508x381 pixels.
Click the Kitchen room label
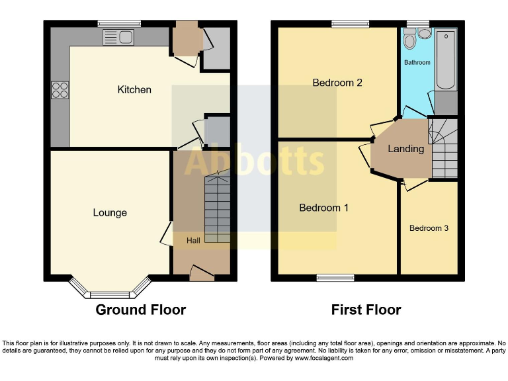(x=134, y=89)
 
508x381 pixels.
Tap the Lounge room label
(x=110, y=212)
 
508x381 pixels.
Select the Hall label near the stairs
(x=193, y=240)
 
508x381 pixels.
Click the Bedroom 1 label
(x=324, y=208)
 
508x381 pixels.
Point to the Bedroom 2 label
(x=337, y=83)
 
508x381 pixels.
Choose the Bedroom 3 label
(x=429, y=228)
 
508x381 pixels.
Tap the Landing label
(x=405, y=149)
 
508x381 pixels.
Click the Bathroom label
(x=417, y=63)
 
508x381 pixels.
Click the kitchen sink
(x=119, y=37)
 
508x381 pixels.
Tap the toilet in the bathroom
(x=410, y=41)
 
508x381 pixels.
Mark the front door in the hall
(x=201, y=272)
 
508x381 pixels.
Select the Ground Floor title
(x=141, y=310)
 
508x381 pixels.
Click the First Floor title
(x=366, y=310)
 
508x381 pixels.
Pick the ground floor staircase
(x=217, y=208)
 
